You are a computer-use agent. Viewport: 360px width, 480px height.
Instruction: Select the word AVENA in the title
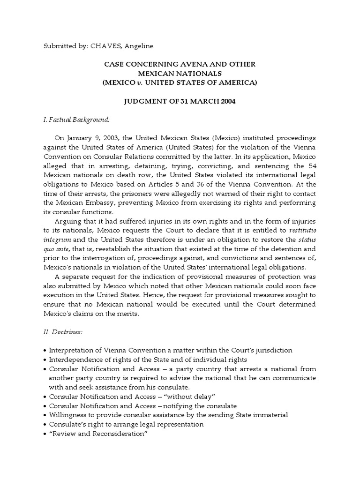coord(200,64)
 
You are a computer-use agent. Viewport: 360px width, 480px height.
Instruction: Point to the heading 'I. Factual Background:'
coord(76,120)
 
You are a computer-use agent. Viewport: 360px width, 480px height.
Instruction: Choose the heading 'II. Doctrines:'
coord(63,332)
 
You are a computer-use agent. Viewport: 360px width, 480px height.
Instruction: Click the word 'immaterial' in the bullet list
coord(270,415)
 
